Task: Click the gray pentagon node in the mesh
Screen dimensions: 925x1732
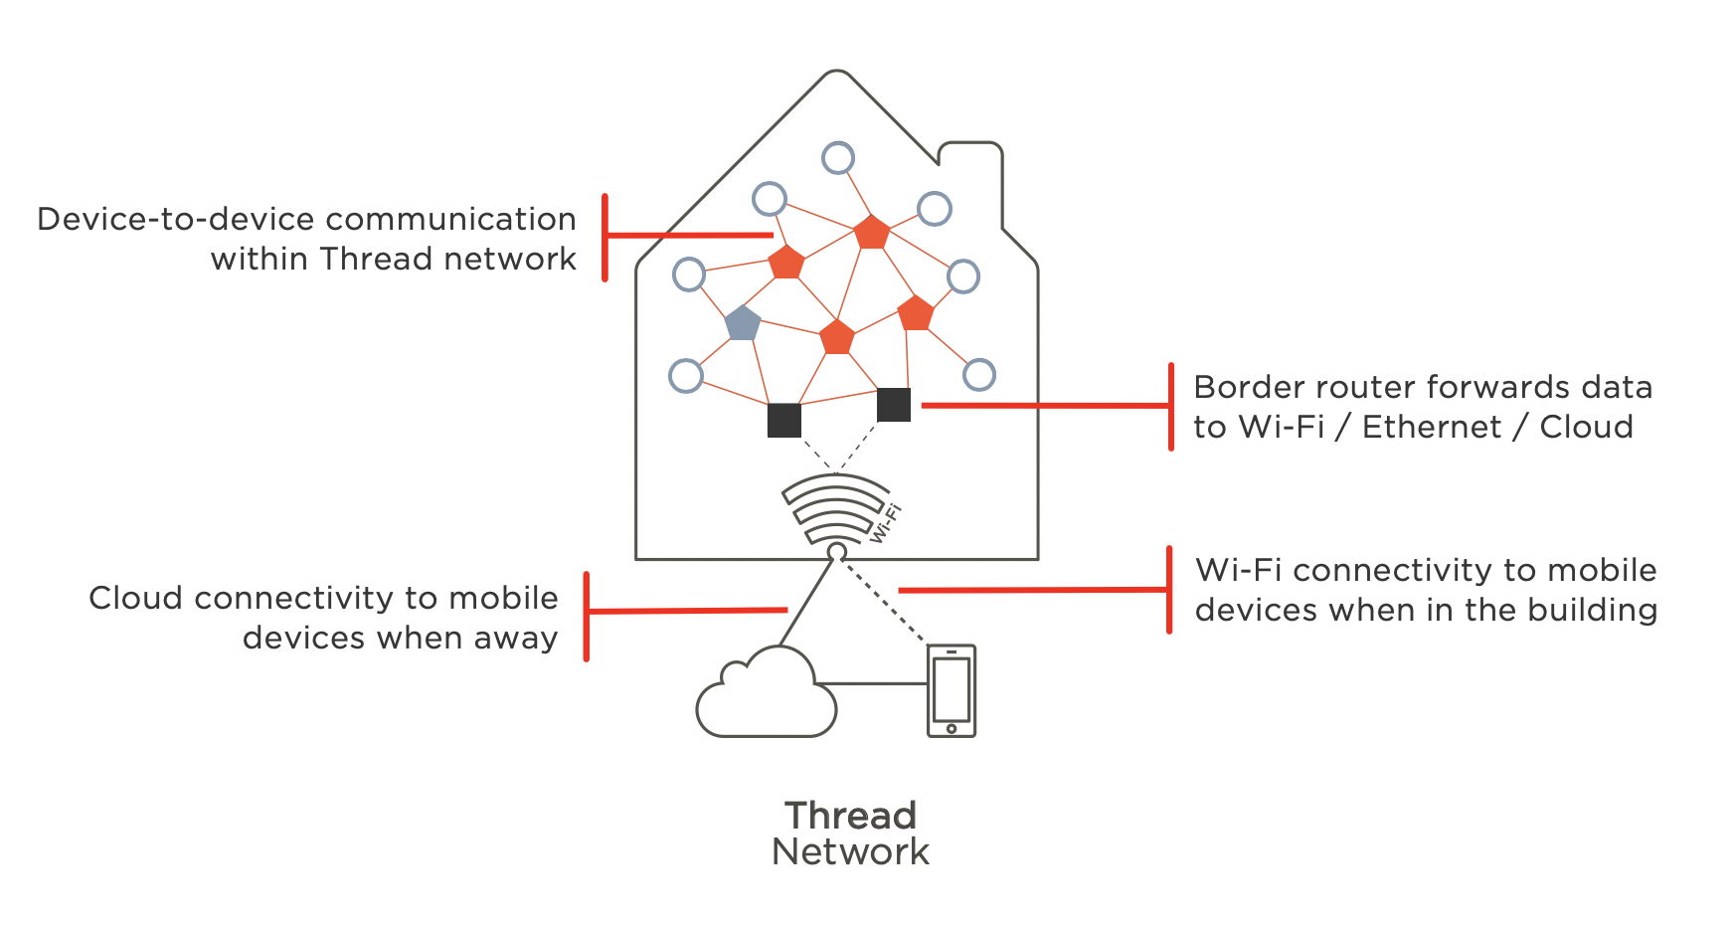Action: [x=743, y=323]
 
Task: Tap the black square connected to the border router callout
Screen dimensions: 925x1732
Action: [x=894, y=405]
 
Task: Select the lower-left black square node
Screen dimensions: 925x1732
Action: [x=784, y=420]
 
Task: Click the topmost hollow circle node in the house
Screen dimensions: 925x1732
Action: [x=838, y=157]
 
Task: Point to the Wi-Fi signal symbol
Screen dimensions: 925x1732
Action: [x=836, y=508]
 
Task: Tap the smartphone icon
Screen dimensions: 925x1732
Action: [x=952, y=690]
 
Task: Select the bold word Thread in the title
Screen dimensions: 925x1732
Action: [x=850, y=816]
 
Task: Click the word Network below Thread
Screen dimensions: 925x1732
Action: [x=850, y=852]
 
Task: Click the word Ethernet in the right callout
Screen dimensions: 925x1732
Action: [x=1431, y=427]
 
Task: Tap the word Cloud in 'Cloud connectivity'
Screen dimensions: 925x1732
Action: [x=136, y=598]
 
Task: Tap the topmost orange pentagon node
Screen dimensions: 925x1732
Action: [x=872, y=232]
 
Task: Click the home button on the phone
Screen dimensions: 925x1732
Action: [x=952, y=729]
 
